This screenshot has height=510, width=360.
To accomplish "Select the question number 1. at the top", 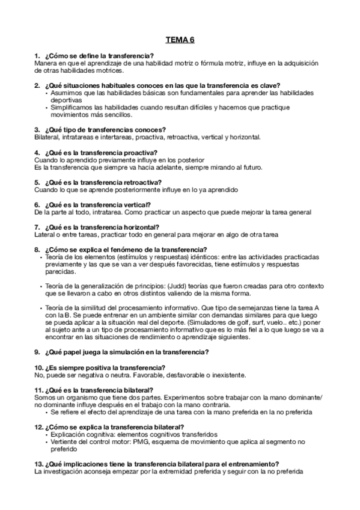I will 38,55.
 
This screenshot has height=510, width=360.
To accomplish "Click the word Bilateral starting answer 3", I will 46,137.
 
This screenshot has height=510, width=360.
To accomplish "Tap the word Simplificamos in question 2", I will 74,107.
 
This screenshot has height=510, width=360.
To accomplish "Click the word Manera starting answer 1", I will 46,63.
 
